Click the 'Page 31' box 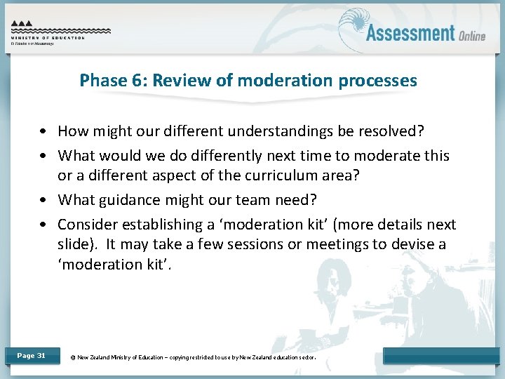pos(31,356)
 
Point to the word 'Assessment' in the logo pos(410,32)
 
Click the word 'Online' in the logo pos(472,35)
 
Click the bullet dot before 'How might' pos(43,131)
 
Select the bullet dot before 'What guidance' pos(43,200)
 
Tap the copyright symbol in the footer pos(73,357)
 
